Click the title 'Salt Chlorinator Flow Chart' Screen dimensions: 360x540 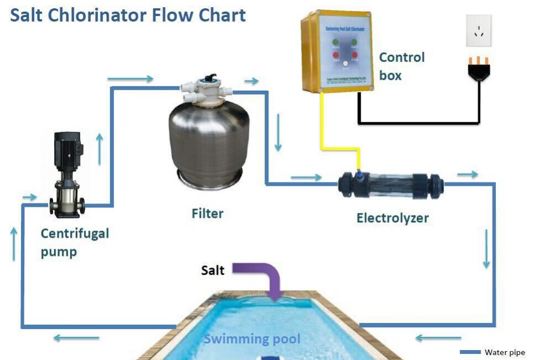[x=128, y=14]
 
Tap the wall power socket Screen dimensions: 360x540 [x=478, y=30]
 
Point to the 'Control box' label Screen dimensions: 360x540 [x=401, y=66]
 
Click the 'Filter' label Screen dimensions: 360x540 [x=207, y=213]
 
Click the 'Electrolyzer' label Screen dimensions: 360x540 [x=392, y=218]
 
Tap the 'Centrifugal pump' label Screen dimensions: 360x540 [x=75, y=242]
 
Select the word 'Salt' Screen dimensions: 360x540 [x=212, y=270]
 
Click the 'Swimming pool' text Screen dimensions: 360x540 [x=252, y=338]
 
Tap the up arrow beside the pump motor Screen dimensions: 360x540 [x=100, y=149]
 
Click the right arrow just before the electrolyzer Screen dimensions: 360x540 [x=306, y=178]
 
